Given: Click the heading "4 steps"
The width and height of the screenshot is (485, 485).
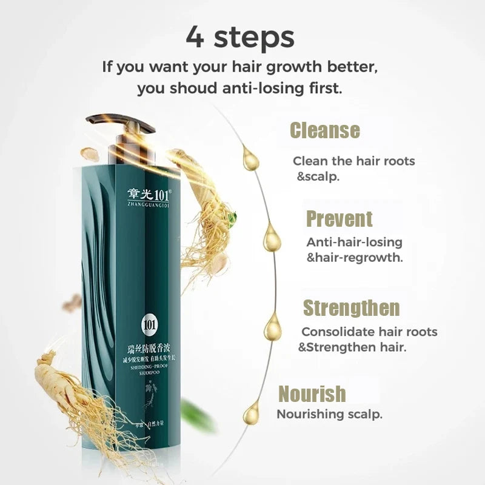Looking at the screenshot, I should (x=240, y=36).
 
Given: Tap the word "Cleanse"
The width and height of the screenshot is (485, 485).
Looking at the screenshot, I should (x=324, y=130).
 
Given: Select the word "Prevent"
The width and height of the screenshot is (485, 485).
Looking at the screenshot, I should (x=339, y=219).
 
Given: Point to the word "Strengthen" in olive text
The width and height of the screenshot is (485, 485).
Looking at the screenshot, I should (x=351, y=308).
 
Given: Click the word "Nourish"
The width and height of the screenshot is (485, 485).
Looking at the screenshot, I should (x=312, y=393).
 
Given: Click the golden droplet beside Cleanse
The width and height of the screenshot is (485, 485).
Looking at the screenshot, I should (x=250, y=159).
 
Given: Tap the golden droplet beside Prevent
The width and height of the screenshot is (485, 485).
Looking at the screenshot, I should (x=272, y=238).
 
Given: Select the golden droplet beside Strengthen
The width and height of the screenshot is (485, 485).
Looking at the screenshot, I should (x=273, y=327).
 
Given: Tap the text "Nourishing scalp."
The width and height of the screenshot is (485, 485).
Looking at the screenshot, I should (x=329, y=415).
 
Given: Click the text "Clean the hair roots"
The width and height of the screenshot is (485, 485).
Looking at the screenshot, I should (x=353, y=161).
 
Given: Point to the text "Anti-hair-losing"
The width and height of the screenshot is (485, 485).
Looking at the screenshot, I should (x=354, y=242).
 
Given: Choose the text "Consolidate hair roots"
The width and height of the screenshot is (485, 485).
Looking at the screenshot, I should (x=369, y=332).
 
